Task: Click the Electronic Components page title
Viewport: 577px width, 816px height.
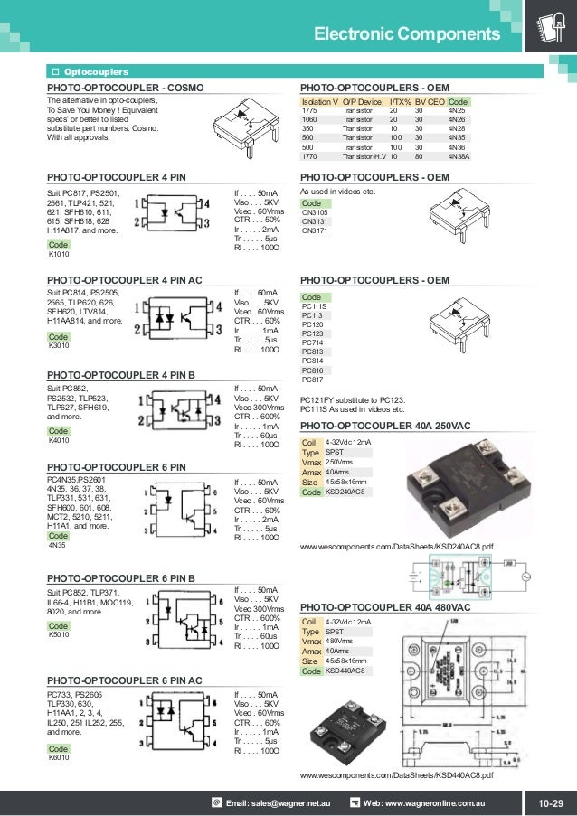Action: point(405,34)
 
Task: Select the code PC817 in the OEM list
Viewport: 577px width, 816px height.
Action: point(312,380)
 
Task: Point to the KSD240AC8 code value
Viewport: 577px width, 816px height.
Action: point(345,492)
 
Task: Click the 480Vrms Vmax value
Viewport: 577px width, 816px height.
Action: point(339,641)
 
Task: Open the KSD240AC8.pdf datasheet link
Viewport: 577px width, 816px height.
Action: point(396,548)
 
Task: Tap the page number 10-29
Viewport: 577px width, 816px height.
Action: point(550,802)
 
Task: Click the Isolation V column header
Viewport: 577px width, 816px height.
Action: point(319,101)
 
